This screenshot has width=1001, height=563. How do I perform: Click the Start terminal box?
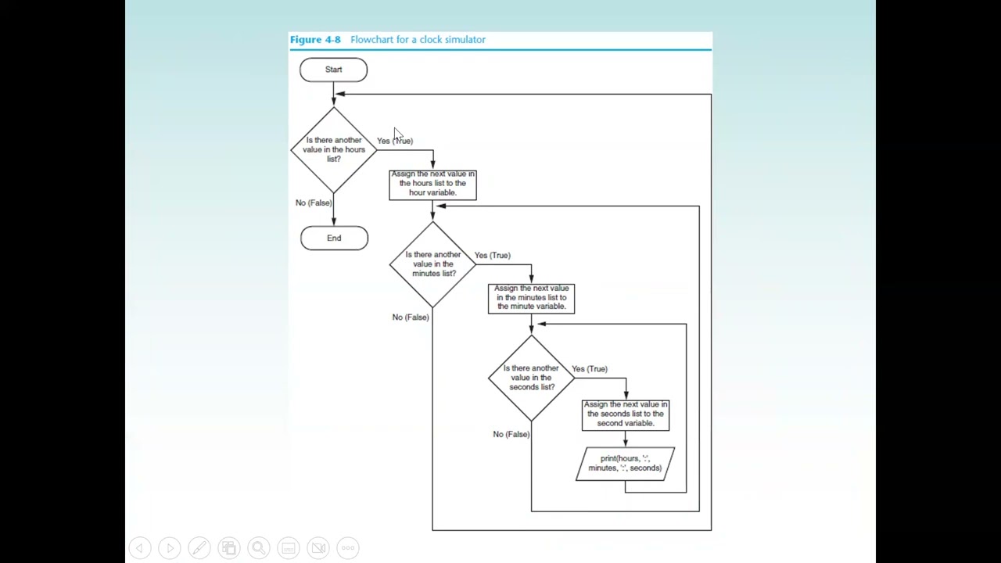tap(333, 70)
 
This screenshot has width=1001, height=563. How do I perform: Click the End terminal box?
tap(334, 238)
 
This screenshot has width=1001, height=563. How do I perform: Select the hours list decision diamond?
tap(334, 149)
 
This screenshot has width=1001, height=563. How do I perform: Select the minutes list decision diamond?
tap(432, 264)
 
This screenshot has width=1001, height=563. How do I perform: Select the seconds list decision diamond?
tap(531, 378)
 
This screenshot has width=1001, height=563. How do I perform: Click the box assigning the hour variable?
tap(432, 185)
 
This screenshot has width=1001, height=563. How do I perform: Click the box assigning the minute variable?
tap(531, 298)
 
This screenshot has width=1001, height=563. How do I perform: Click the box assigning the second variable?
tap(625, 414)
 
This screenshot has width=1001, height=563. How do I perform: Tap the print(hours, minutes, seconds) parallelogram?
tap(625, 464)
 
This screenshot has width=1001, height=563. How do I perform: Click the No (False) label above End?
tap(314, 203)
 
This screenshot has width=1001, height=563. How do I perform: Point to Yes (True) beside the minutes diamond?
tap(492, 255)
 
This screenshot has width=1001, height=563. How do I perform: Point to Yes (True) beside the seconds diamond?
tap(589, 368)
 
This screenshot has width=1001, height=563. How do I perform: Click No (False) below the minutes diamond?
tap(411, 317)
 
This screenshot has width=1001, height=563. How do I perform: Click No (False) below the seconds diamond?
tap(511, 434)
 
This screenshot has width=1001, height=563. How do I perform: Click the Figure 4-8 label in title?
tap(315, 39)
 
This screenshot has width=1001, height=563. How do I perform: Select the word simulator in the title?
tap(464, 39)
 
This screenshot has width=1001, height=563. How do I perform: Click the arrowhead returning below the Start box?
tap(340, 94)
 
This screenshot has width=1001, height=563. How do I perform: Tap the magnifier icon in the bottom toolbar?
tap(258, 548)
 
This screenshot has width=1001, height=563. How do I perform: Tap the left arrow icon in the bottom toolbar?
tap(140, 548)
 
